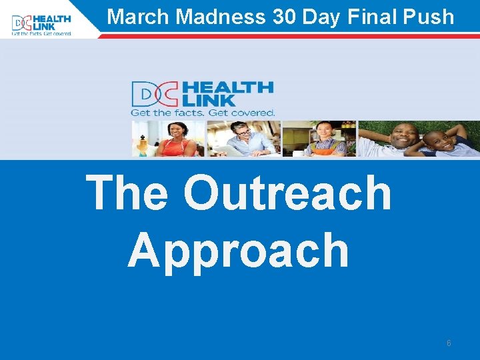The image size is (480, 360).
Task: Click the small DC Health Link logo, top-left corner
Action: tap(41, 24)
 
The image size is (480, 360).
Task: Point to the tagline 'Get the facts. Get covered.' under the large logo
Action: tap(203, 113)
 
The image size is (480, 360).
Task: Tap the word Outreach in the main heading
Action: tap(287, 193)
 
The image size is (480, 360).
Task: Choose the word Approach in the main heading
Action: tap(238, 251)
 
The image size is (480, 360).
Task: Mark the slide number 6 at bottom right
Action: tap(449, 343)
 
